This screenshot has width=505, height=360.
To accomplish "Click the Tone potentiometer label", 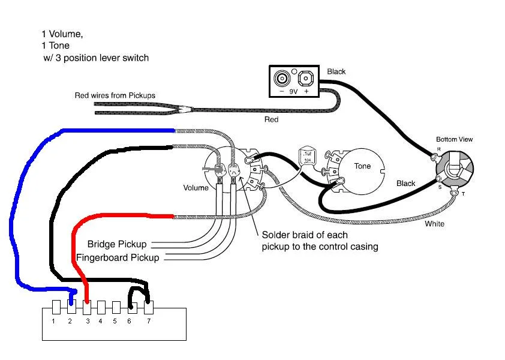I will click(362, 166).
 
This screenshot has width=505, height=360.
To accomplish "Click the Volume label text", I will click(196, 188).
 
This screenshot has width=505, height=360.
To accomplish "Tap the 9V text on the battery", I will click(294, 92).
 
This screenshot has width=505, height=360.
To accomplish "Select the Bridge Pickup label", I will click(116, 244).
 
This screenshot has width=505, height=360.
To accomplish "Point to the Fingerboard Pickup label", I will click(118, 257).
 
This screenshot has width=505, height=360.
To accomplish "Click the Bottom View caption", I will click(454, 139).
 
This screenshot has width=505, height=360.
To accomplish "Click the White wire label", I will click(434, 224).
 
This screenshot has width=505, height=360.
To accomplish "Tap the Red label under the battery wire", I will click(271, 119).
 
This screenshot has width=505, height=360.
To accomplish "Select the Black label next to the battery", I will click(336, 72).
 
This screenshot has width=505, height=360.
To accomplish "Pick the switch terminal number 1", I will click(53, 322).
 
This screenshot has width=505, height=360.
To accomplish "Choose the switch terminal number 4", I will click(100, 322).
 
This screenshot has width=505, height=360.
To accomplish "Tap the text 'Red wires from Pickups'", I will click(115, 95).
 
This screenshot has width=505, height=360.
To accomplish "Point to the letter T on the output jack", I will click(462, 194).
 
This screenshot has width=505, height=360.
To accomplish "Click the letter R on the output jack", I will click(438, 148).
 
